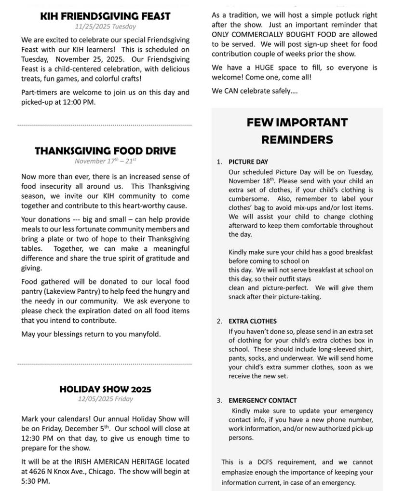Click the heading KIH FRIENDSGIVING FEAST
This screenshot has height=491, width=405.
point(105,16)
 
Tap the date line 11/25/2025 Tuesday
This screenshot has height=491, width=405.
point(106,27)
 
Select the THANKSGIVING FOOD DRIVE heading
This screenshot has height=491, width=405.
point(105,151)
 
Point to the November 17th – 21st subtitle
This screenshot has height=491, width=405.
point(105,161)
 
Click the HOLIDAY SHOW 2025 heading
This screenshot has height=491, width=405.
point(105,389)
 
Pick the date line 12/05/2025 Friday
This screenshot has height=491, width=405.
point(106,399)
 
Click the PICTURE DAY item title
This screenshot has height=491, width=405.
point(248,162)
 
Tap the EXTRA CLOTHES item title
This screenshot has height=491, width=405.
point(253,321)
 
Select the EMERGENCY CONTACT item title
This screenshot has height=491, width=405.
point(263,400)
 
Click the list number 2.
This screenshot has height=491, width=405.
point(219,321)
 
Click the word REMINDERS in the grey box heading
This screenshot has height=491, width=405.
point(297,140)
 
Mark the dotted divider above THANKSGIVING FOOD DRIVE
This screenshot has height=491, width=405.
point(105,125)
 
